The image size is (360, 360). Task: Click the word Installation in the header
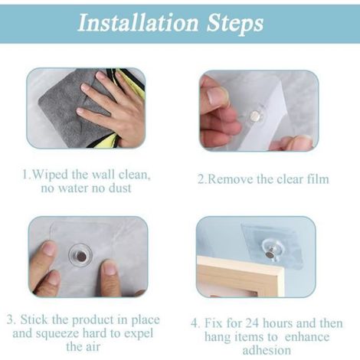(138, 23)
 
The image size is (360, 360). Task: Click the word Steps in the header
(235, 25)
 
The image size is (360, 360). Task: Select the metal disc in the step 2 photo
(256, 116)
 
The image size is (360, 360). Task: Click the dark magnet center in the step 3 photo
(81, 256)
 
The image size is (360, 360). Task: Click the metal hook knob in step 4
(269, 254)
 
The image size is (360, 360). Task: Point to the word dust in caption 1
(120, 188)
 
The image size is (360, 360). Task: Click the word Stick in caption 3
(34, 319)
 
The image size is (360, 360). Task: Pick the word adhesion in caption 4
(267, 350)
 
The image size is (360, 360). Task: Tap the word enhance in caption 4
(307, 337)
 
